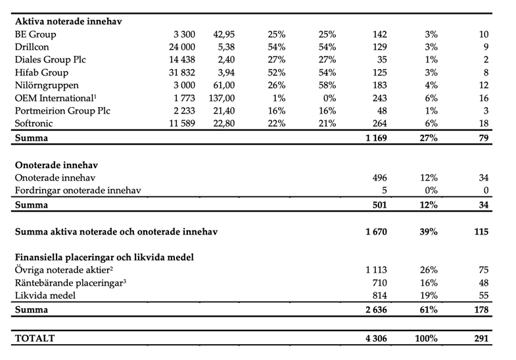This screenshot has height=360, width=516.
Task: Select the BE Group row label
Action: (35, 34)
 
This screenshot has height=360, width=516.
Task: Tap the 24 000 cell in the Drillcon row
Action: (180, 47)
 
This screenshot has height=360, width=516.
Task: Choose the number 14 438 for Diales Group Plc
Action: (180, 60)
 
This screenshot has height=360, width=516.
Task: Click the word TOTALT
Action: (35, 339)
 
